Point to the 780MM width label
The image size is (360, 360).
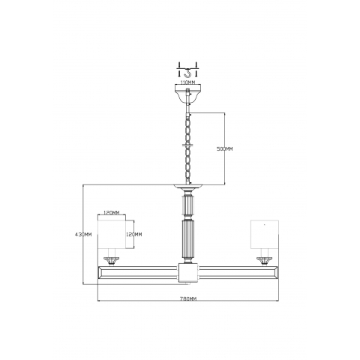point(188,298)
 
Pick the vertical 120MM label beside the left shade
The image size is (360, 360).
point(135,235)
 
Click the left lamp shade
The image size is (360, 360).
point(110,238)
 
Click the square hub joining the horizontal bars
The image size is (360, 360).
point(188,271)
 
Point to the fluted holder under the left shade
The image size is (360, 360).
point(111,260)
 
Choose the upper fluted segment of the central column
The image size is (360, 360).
point(188,202)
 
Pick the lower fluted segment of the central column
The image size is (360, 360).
point(188,239)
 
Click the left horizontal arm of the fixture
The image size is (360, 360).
point(139,270)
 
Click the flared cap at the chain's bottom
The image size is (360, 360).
point(188,183)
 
